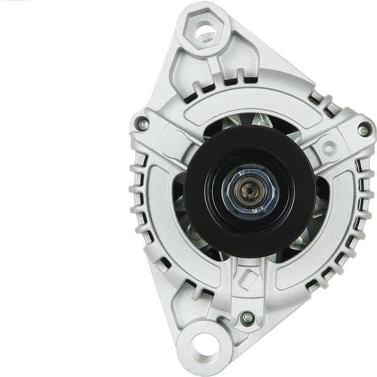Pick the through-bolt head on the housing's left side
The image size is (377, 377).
[143, 124]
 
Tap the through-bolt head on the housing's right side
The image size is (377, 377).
[363, 131]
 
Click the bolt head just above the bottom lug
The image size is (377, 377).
[247, 317]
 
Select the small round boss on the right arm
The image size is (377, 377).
[328, 148]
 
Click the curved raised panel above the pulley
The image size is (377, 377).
[246, 101]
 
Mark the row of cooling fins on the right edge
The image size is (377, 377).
[364, 202]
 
